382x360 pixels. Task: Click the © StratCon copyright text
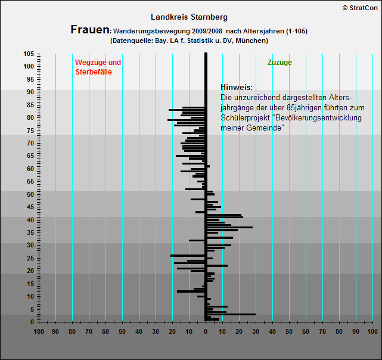(x=360, y=8)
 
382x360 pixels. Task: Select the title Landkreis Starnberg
(x=189, y=17)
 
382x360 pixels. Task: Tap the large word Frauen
(x=90, y=30)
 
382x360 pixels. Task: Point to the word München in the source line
(x=251, y=41)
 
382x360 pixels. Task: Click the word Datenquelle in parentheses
(x=132, y=41)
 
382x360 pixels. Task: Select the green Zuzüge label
(x=279, y=63)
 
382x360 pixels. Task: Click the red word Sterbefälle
(x=94, y=72)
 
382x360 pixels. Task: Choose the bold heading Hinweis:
(x=237, y=87)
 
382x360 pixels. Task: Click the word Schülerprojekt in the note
(x=246, y=118)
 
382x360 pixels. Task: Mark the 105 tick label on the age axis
(x=29, y=54)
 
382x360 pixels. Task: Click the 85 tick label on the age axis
(x=30, y=105)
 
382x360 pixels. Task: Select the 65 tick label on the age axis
(x=30, y=156)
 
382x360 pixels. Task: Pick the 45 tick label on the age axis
(x=30, y=207)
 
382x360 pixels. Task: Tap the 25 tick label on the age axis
(x=30, y=258)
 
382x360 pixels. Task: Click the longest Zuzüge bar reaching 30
(x=231, y=315)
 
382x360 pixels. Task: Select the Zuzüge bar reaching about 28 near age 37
(x=229, y=228)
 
